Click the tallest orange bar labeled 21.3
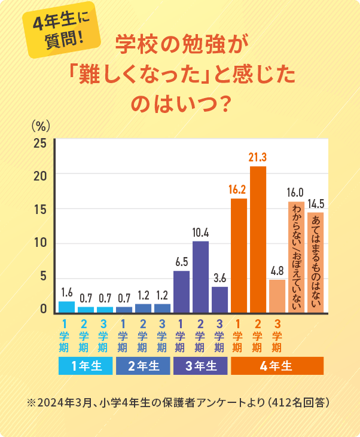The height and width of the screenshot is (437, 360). coord(258,239)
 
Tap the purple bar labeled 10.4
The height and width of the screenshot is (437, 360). coord(200,276)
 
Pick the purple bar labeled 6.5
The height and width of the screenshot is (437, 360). coord(181,291)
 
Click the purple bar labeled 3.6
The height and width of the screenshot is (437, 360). coord(219,299)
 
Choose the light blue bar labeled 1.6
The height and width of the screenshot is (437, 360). coord(66,307)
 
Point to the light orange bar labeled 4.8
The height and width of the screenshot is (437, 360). coord(277,295)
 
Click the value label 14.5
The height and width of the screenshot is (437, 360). coord(315,204)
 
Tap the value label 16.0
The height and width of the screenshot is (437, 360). coord(295,192)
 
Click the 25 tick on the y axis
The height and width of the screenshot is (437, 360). coord(40,143)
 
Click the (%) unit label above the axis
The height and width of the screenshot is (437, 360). coord(40,125)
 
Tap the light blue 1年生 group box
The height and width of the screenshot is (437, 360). coord(86,366)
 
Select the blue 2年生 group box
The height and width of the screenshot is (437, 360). coord(143,366)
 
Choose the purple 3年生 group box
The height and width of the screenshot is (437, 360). coord(200,366)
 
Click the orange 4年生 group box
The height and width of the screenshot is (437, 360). coord(277,366)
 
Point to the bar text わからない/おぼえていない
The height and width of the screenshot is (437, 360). coord(296,257)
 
